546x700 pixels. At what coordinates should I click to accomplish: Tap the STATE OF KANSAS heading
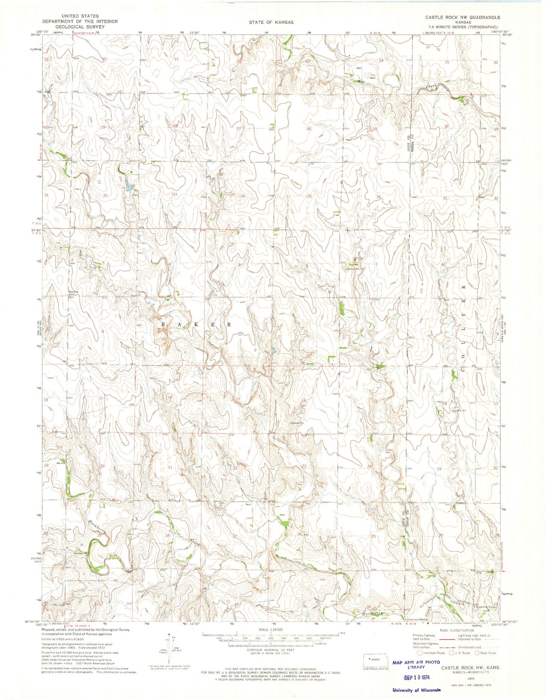point(271,22)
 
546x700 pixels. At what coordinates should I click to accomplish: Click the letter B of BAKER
point(164,324)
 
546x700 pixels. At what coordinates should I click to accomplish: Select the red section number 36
point(379,196)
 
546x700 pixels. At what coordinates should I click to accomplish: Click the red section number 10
point(240,334)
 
